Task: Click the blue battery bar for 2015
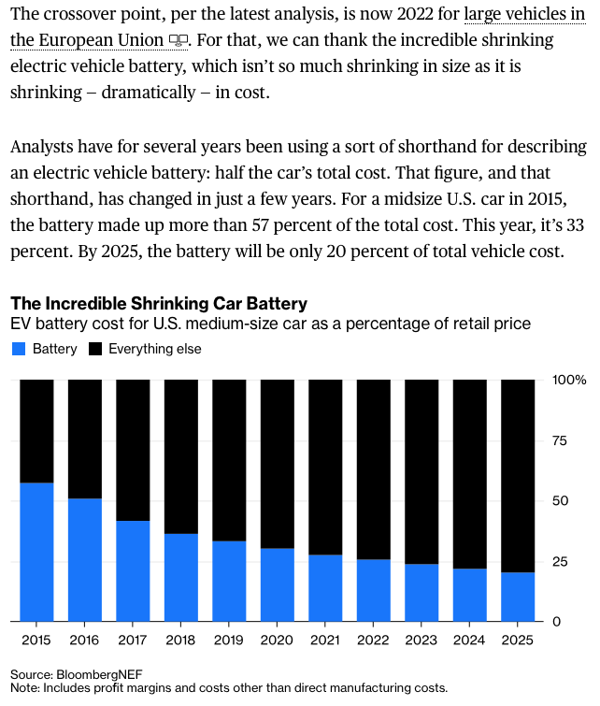point(36,552)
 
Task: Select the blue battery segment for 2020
point(277,584)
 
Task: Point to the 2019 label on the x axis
point(229,639)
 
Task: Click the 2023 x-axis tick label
point(421,639)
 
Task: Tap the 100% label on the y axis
point(569,381)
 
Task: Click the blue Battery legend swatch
point(19,350)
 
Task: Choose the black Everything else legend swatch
point(95,350)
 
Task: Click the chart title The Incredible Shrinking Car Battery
point(158,304)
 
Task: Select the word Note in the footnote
point(26,687)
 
